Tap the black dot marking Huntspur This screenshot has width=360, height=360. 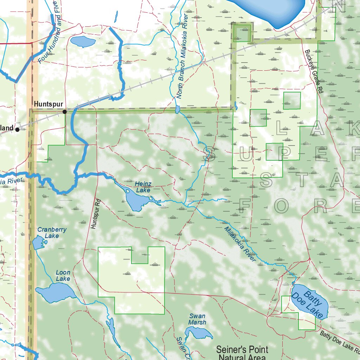tap(65, 112)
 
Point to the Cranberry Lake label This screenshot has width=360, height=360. tap(52, 233)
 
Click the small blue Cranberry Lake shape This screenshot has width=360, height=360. tap(38, 243)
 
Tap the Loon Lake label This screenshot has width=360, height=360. tap(63, 276)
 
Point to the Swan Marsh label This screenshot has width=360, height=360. tap(197, 319)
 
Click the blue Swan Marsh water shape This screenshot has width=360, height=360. tap(199, 332)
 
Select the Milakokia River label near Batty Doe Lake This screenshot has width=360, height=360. tap(240, 244)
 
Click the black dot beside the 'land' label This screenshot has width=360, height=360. tap(17, 130)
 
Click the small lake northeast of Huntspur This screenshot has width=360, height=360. tap(83, 41)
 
